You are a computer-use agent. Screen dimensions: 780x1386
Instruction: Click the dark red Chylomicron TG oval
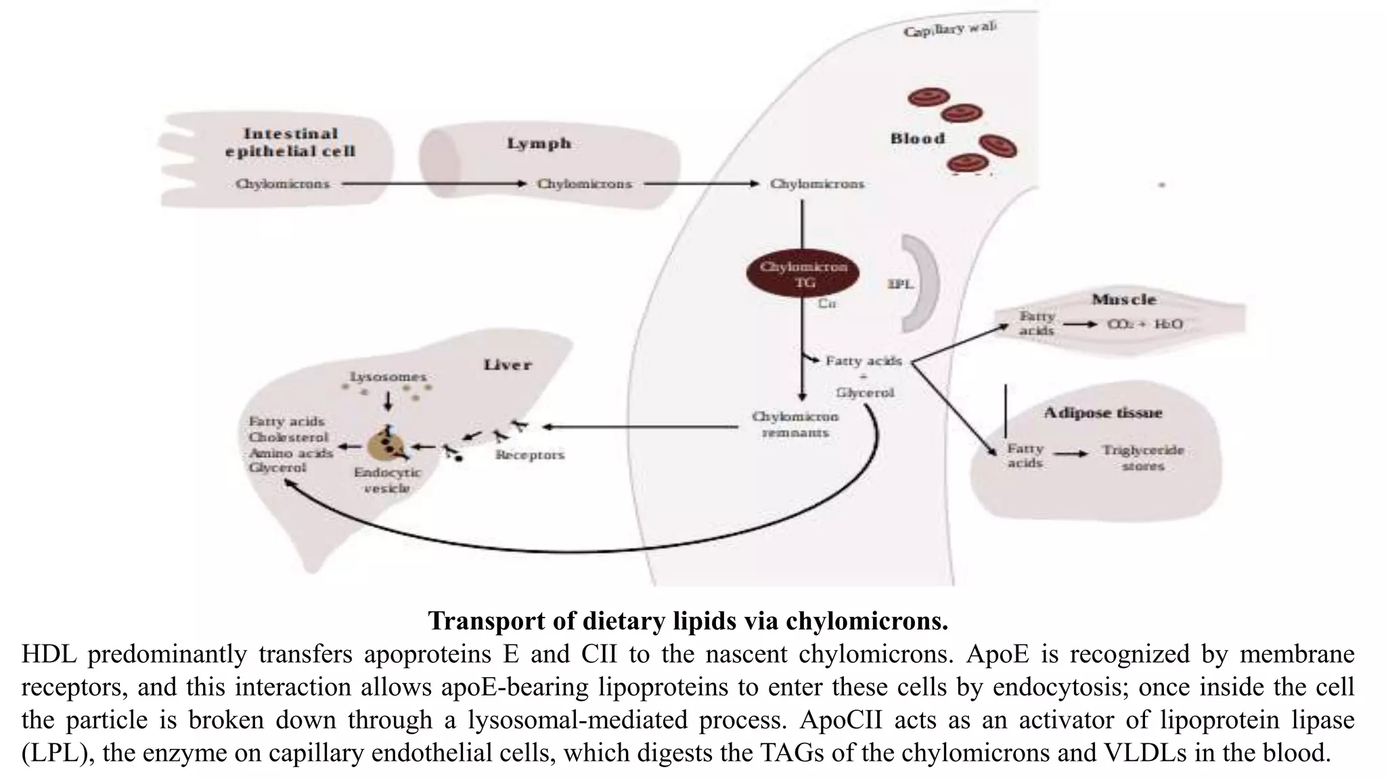tap(803, 274)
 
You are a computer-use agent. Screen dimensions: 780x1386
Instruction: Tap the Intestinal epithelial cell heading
tap(290, 142)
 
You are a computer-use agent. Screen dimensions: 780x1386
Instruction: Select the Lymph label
tap(539, 144)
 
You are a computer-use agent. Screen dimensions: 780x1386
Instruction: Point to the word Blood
tap(918, 139)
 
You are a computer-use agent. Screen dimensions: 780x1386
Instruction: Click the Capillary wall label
tap(949, 29)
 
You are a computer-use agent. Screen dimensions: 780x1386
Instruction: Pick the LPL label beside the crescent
tap(900, 284)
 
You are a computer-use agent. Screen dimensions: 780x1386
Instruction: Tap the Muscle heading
tap(1123, 299)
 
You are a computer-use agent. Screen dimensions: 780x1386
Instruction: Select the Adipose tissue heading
tap(1102, 413)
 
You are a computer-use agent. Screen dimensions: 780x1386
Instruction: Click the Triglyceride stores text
tap(1142, 458)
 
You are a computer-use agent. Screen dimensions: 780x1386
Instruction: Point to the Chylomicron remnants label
tap(795, 425)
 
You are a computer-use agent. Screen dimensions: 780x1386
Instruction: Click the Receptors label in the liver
tap(529, 455)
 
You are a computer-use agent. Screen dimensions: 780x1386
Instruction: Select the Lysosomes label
tap(388, 376)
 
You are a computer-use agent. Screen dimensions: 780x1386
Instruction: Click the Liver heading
tap(507, 365)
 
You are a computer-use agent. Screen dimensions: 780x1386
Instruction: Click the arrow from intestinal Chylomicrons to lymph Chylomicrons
tap(433, 183)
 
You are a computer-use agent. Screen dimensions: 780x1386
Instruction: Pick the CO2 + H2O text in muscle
tap(1144, 324)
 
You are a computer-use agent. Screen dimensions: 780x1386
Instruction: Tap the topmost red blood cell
tap(929, 97)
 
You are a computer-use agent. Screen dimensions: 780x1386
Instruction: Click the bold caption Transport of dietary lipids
tap(688, 620)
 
